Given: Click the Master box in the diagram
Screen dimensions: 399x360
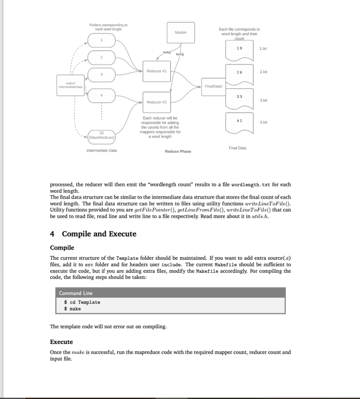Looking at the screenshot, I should (181, 33).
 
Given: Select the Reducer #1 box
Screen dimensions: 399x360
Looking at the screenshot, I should (156, 71).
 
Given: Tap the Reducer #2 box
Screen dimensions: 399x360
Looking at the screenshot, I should (156, 102).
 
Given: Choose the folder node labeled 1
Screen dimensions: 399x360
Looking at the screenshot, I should (101, 41).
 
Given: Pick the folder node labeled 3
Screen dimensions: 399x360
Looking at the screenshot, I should (101, 75).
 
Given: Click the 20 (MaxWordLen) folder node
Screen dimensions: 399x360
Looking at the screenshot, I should (101, 135).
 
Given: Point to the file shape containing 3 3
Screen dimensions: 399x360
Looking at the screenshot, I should (239, 100).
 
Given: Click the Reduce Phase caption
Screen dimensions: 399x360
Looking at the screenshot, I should (178, 151).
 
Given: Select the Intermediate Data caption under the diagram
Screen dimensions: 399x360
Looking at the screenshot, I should (101, 151).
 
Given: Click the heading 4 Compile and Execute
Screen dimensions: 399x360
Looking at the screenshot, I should (93, 234).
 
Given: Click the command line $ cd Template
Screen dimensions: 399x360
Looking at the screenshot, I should (82, 302).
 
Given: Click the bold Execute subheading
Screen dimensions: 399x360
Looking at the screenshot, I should (62, 342).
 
